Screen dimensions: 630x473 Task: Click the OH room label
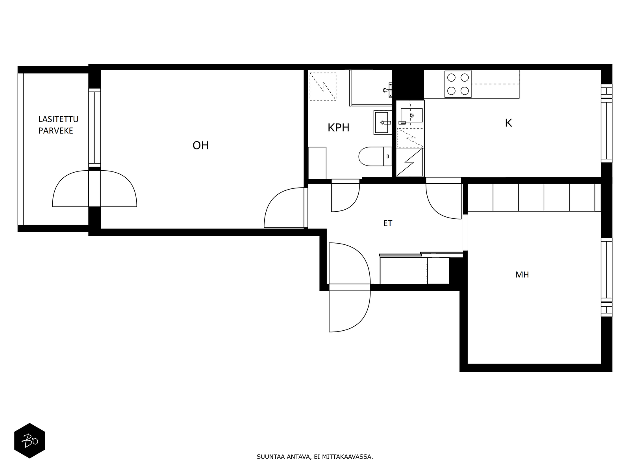tap(200, 145)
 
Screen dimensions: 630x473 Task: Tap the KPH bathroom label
tap(338, 128)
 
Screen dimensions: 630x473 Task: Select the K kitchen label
tap(508, 123)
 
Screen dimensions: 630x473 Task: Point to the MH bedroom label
tap(522, 275)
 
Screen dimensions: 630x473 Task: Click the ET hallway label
tap(387, 223)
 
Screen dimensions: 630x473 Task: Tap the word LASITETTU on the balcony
tap(58, 119)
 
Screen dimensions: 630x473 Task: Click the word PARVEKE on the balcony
tap(56, 131)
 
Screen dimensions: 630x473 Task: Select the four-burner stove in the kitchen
tap(458, 84)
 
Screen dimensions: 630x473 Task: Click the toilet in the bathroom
tap(375, 156)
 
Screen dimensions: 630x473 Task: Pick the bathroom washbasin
tap(383, 123)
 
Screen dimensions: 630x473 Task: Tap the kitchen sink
tap(411, 115)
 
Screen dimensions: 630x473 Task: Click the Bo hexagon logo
tap(30, 441)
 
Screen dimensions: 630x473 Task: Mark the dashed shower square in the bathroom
tap(323, 86)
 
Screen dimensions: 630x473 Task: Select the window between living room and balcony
tap(94, 127)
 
